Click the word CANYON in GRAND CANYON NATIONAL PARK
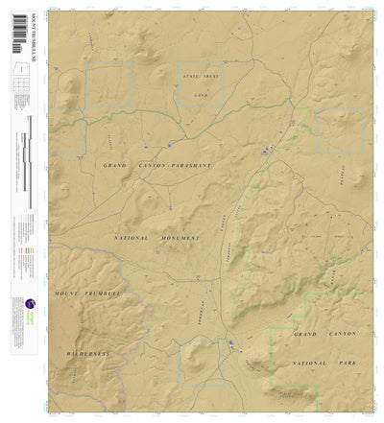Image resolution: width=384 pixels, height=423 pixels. (339, 333)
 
